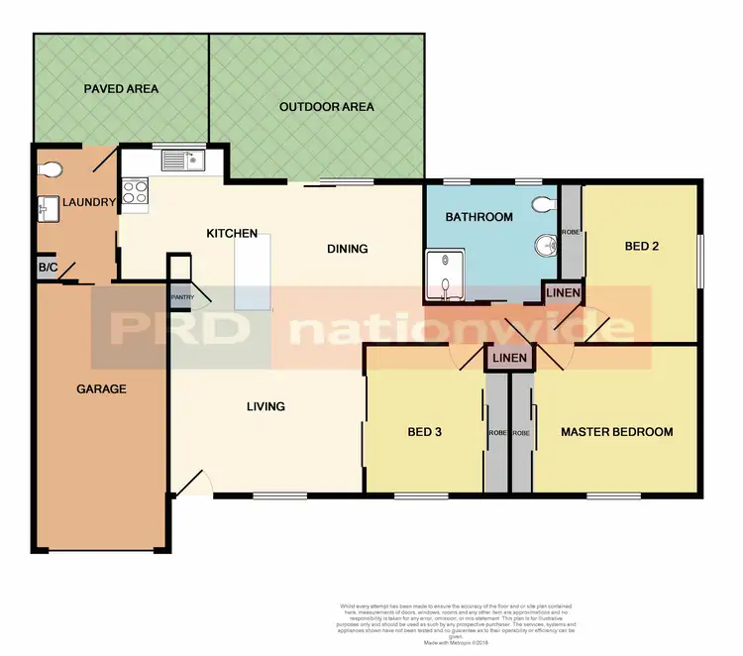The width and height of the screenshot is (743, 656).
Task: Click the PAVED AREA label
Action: tap(121, 89)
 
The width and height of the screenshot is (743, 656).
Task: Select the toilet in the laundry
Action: tap(53, 168)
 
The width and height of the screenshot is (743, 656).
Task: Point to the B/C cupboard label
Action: tap(47, 268)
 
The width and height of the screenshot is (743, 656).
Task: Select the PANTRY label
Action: tap(182, 296)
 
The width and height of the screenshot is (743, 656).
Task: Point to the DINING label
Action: tap(347, 249)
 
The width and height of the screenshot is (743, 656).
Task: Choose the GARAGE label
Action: tap(101, 389)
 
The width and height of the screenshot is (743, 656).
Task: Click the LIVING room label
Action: tap(265, 406)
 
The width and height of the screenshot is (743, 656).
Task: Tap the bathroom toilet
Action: tap(542, 204)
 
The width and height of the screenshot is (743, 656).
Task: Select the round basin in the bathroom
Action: tap(544, 246)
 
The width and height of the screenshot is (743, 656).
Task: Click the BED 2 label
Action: tap(642, 248)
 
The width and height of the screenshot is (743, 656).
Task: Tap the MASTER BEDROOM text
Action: tap(616, 432)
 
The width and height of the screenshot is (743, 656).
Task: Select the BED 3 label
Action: tap(428, 433)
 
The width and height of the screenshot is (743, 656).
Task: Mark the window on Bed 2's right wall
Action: tap(701, 262)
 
